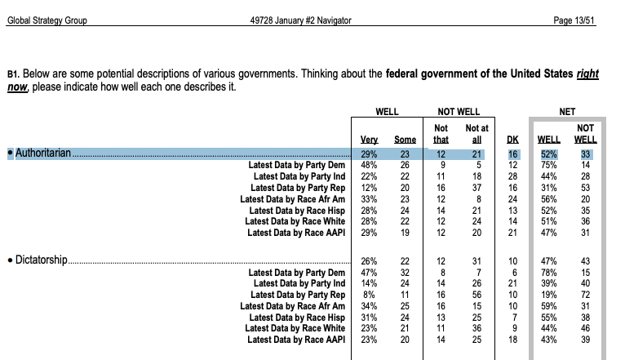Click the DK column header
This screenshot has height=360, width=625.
click(512, 140)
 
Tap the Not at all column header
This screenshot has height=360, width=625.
click(477, 134)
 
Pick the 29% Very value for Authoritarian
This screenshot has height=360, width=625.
click(369, 153)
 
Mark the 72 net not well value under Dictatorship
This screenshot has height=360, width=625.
click(585, 295)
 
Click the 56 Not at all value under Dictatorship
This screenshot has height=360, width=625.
click(477, 295)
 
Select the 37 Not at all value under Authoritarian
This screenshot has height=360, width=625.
click(477, 187)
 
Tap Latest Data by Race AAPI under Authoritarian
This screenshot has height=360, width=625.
click(295, 233)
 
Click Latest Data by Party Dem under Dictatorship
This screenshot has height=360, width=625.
click(296, 272)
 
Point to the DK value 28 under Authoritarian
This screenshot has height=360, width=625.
click(512, 176)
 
